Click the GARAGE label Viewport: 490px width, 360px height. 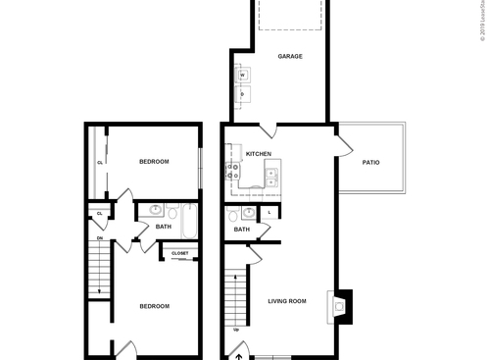pos(289,56)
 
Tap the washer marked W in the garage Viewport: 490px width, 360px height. pos(242,75)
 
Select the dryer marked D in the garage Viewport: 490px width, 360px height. pos(242,94)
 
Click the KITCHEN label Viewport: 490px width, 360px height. pos(259,154)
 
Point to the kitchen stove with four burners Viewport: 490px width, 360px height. pos(235,174)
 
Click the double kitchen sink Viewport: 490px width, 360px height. pos(271,178)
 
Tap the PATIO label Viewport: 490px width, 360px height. pos(370,162)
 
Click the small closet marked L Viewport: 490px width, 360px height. pos(269,212)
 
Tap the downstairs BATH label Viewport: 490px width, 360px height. pos(241,230)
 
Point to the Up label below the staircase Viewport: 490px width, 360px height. pos(235,330)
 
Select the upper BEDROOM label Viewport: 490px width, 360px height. pos(154,161)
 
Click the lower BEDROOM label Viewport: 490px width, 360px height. pos(154,306)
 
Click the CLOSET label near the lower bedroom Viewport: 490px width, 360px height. pos(180,253)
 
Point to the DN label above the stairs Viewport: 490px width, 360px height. pos(98,236)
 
